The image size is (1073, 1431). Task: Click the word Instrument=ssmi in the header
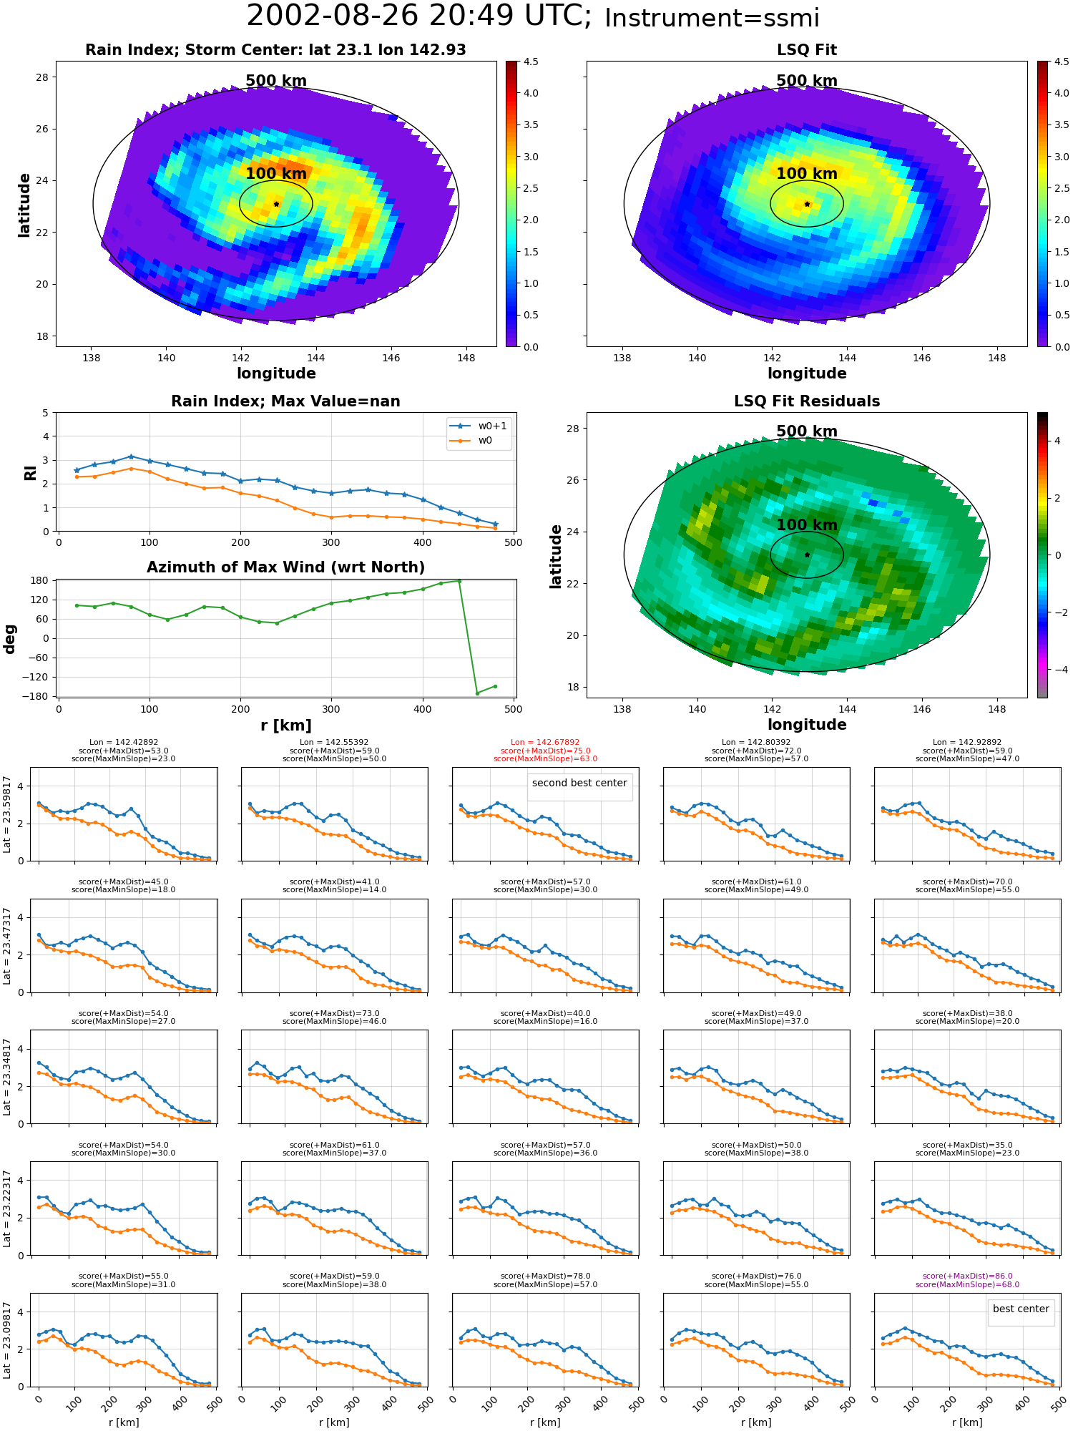(x=712, y=19)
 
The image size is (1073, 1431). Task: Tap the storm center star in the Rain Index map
(x=276, y=204)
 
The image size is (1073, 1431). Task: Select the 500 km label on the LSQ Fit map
(x=807, y=81)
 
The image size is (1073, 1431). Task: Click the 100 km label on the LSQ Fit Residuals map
(x=807, y=524)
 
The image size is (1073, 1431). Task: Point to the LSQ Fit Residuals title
(x=807, y=401)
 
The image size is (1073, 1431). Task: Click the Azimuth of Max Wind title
(x=286, y=567)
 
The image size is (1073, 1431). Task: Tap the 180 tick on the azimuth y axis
(x=40, y=580)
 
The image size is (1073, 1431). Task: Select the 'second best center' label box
(x=579, y=783)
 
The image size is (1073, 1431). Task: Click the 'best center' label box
(x=1021, y=1309)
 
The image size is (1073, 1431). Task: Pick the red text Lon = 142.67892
(x=545, y=743)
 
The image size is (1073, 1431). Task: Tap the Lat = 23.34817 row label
(x=7, y=1077)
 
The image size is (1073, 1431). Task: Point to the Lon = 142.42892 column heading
(x=123, y=743)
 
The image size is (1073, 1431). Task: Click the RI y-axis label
(x=30, y=473)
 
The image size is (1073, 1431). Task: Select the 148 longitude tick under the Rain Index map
(x=466, y=358)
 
